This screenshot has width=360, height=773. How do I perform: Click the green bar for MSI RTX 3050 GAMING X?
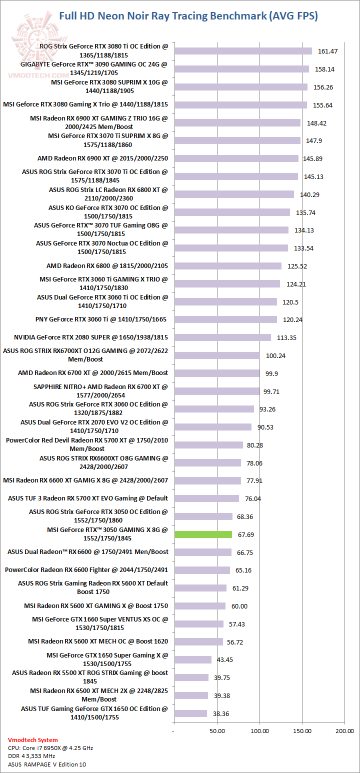(x=203, y=534)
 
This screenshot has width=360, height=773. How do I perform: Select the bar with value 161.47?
(x=243, y=51)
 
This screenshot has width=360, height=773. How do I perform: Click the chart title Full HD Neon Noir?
(x=188, y=16)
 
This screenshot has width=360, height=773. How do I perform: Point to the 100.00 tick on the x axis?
(x=259, y=731)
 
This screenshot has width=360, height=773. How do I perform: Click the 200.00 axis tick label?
(x=344, y=731)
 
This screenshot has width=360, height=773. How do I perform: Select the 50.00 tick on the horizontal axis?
(x=217, y=731)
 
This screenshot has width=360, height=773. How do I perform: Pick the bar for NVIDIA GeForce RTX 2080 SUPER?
(x=222, y=337)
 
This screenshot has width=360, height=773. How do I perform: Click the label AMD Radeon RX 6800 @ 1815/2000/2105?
(x=107, y=265)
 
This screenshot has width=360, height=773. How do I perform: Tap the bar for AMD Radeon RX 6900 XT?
(x=236, y=158)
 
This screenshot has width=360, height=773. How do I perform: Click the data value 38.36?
(x=220, y=714)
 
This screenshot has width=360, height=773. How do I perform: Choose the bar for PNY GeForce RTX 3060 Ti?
(x=225, y=319)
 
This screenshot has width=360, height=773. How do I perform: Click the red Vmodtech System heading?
(x=33, y=739)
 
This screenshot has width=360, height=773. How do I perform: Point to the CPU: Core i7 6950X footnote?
(x=50, y=748)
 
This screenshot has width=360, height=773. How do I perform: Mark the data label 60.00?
(x=239, y=606)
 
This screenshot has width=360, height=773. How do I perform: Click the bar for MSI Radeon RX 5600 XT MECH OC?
(x=198, y=641)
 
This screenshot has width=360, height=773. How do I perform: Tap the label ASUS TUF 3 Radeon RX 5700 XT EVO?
(x=88, y=498)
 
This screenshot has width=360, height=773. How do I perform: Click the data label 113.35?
(x=286, y=337)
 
